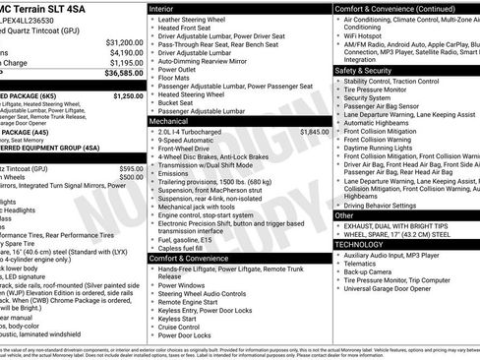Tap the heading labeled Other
[344, 214]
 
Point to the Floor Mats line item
[178, 77]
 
